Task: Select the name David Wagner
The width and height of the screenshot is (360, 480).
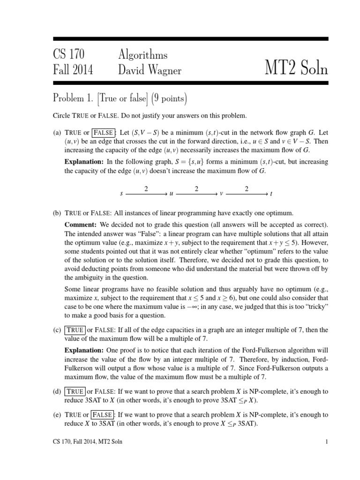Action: point(150,70)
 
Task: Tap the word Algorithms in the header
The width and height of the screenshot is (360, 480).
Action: point(142,54)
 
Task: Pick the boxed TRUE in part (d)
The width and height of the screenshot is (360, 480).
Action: point(75,391)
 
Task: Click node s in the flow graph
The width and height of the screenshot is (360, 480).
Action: point(121,194)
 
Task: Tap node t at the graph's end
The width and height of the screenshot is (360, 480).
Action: point(271,194)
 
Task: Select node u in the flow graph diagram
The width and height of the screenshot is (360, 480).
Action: point(171,194)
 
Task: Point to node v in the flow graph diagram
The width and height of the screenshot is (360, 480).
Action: point(221,194)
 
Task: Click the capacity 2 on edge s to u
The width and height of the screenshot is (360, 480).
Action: point(146,188)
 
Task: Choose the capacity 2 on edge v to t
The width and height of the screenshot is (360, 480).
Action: point(247,188)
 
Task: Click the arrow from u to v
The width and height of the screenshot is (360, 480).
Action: point(196,194)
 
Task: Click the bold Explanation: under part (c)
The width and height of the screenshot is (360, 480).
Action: point(84,350)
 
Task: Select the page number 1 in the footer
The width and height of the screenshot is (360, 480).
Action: point(326,454)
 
